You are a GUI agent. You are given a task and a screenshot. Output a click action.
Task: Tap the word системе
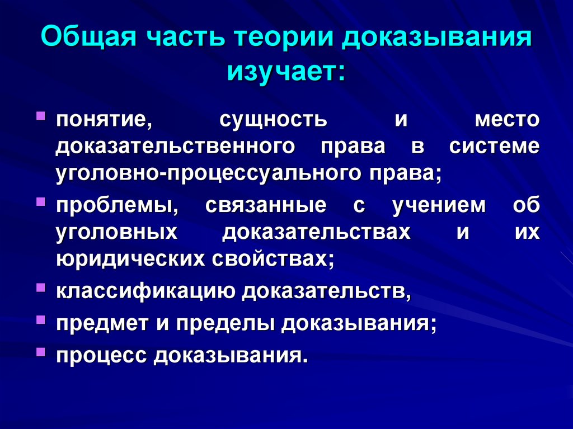[494, 147]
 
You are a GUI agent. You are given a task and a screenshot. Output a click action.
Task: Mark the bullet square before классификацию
[41, 287]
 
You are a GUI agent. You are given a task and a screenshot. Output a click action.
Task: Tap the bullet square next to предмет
[41, 319]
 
